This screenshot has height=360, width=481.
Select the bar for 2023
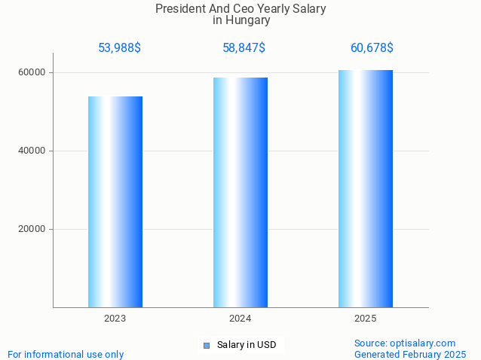click(115, 202)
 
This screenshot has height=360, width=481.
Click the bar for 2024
click(240, 192)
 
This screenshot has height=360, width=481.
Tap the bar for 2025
click(366, 188)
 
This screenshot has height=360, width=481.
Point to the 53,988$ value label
click(119, 48)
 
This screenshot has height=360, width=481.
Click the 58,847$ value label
click(244, 48)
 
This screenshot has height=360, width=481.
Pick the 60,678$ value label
click(372, 48)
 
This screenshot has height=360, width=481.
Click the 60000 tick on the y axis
click(32, 72)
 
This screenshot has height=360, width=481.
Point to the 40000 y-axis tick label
click(32, 151)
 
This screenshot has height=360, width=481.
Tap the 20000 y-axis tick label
click(32, 229)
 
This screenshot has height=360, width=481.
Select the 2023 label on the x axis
click(115, 319)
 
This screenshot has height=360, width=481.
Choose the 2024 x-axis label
click(240, 319)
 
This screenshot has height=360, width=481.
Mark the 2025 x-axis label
click(366, 319)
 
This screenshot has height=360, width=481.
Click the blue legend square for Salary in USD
click(207, 346)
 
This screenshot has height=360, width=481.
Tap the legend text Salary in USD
click(247, 345)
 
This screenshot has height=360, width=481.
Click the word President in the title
click(179, 9)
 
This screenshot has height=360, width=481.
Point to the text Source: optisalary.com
click(405, 343)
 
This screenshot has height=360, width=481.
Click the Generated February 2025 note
click(410, 354)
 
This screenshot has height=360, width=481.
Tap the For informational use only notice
click(66, 354)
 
